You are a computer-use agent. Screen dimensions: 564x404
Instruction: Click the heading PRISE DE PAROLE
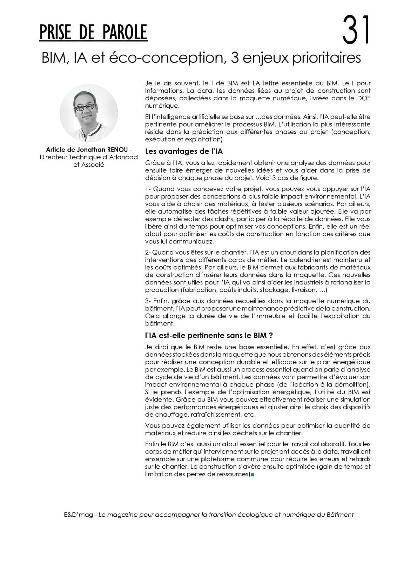(x=93, y=33)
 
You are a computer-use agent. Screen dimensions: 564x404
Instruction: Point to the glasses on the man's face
(x=85, y=107)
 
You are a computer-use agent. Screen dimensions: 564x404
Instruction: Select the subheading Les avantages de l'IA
(x=184, y=152)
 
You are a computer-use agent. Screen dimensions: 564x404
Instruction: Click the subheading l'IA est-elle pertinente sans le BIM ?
(x=209, y=335)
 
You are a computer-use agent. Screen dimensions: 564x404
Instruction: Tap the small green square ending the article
(x=252, y=475)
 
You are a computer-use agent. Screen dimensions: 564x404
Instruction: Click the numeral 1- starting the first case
(x=148, y=189)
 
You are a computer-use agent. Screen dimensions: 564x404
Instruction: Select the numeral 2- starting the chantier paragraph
(x=148, y=253)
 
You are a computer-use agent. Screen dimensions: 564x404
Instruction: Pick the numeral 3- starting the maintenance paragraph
(x=148, y=301)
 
